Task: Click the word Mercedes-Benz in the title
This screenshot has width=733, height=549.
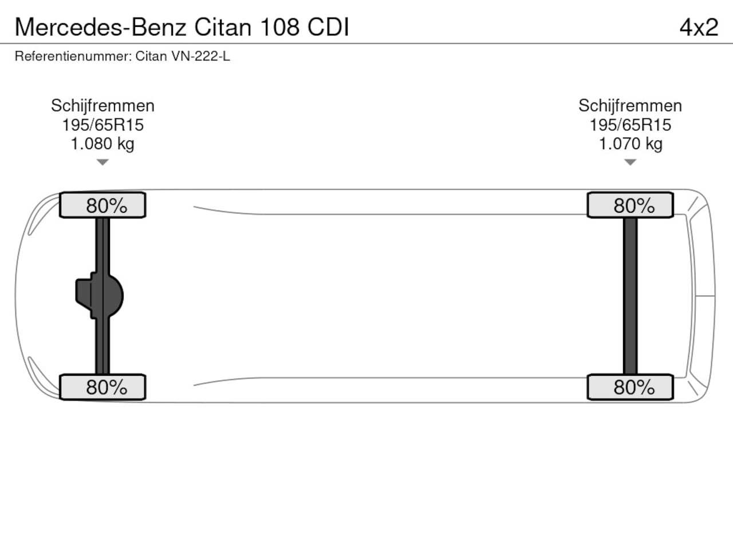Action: click(100, 27)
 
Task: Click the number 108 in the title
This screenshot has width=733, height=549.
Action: click(280, 27)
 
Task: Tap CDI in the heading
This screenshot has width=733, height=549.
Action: click(328, 27)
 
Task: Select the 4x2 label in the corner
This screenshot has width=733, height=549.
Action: click(699, 27)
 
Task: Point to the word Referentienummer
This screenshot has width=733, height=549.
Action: click(73, 56)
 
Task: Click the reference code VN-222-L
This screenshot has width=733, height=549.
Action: click(200, 56)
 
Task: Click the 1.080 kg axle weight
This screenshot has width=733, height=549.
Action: click(103, 144)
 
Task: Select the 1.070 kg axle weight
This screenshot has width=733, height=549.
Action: click(630, 144)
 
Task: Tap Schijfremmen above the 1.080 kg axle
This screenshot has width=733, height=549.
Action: click(103, 106)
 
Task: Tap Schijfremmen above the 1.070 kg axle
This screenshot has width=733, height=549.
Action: click(630, 106)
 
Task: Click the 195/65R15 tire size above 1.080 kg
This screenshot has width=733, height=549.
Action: click(103, 125)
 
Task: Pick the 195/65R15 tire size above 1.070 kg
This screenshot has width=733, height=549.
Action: click(630, 125)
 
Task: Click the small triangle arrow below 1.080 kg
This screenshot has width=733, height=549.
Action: click(103, 162)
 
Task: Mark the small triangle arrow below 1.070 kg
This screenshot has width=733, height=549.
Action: click(630, 162)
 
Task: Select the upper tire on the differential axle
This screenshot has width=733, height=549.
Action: click(103, 205)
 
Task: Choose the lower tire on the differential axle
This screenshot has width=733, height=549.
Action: click(103, 387)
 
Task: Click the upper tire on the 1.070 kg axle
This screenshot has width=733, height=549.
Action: click(630, 205)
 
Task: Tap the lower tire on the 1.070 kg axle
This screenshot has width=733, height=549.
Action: click(630, 387)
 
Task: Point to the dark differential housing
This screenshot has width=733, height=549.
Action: click(100, 296)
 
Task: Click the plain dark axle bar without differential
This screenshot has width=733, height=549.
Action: click(630, 296)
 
